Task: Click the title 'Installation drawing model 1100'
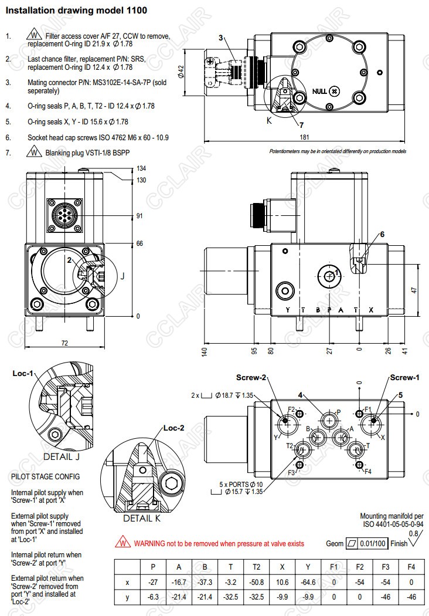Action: (76, 11)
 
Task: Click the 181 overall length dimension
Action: (304, 137)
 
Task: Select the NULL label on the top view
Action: (319, 91)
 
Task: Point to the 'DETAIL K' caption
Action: (141, 518)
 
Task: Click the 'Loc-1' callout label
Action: (23, 373)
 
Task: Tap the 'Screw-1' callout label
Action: (405, 377)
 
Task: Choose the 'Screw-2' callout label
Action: (251, 377)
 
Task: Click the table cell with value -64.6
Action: (308, 583)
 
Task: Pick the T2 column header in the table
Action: (254, 567)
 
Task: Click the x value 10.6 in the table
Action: (281, 583)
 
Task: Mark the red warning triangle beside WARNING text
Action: (123, 543)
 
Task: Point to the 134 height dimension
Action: (141, 168)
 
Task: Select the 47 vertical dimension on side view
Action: (414, 290)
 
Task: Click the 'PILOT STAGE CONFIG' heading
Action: (46, 476)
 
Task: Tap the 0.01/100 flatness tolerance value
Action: (373, 543)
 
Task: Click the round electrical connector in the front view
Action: (64, 216)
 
